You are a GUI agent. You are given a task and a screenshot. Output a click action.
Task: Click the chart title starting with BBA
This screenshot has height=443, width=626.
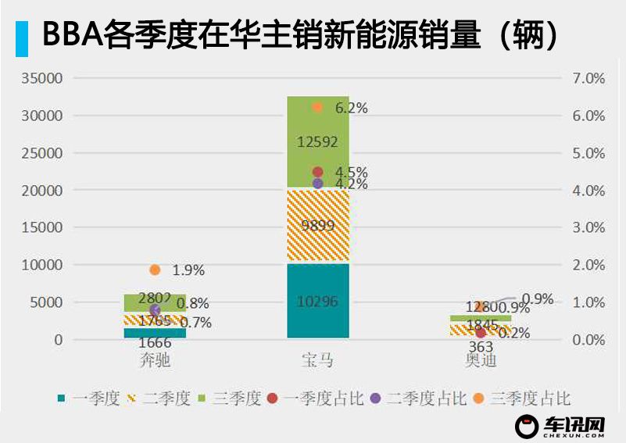point(297,35)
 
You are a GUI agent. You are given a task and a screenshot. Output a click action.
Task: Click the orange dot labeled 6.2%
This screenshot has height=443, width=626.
point(317,107)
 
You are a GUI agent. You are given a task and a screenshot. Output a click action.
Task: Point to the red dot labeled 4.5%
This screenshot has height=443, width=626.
point(317,172)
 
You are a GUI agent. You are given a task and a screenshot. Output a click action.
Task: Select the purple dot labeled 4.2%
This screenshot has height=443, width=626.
point(317,183)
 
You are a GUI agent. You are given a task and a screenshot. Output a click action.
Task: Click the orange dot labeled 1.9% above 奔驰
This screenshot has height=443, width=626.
point(155,270)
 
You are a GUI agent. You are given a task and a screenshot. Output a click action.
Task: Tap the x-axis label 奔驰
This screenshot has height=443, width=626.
point(155,360)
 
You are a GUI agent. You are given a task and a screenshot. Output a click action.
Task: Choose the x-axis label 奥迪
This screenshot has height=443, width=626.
point(480,360)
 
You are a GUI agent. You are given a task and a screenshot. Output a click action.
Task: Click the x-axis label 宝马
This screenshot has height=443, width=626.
point(317,360)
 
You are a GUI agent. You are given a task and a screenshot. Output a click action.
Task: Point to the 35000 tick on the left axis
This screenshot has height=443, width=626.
point(42,78)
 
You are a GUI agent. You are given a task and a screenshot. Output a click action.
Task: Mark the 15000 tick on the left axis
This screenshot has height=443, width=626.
point(42,227)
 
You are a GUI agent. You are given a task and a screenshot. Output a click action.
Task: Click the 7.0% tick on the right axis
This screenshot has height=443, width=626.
point(588,78)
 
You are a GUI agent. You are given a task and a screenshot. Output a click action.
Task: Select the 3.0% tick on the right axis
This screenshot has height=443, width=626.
point(588,227)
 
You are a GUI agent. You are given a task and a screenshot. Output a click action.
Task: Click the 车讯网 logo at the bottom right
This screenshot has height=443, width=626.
point(562,427)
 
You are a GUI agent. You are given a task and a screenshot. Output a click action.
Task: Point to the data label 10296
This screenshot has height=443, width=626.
point(317,301)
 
